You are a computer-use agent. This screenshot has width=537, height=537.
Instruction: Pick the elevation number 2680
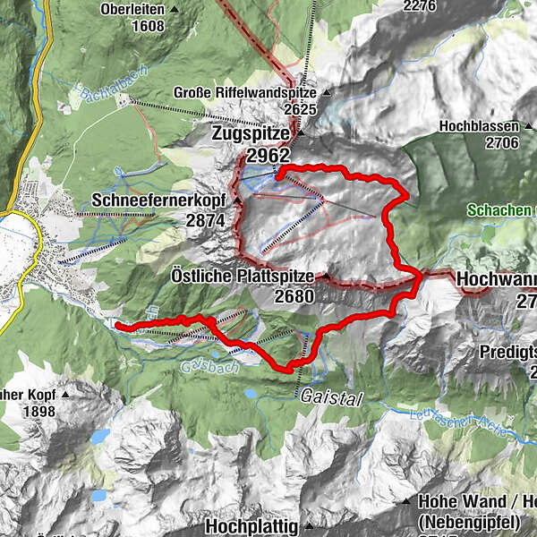point(294,296)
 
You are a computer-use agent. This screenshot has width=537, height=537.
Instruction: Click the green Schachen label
point(501,210)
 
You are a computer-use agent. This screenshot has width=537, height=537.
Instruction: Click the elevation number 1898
point(38,412)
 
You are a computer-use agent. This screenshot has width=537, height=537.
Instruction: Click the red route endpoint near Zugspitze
point(278,176)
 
